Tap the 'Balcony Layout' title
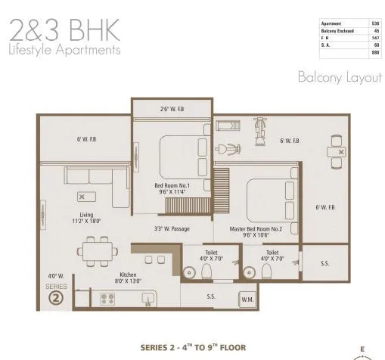[x=340, y=78]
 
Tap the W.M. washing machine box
[x=247, y=300]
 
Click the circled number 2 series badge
[x=55, y=297]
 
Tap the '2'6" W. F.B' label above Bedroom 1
[x=171, y=109]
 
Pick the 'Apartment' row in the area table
[x=349, y=23]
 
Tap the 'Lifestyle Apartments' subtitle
[x=64, y=51]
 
